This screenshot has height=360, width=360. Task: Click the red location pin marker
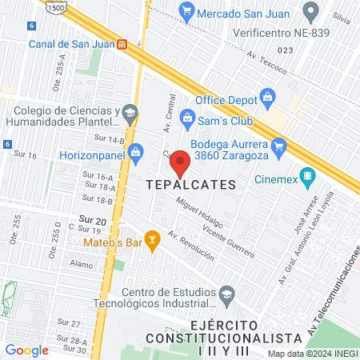[180, 162]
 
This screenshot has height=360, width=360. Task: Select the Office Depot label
[225, 99]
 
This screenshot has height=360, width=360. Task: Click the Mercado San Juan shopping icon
[186, 12]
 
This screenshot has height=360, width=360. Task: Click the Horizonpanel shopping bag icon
[136, 150]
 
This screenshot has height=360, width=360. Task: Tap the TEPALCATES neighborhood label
[192, 185]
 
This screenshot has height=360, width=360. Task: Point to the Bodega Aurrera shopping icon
[278, 146]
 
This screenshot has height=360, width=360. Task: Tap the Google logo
[26, 350]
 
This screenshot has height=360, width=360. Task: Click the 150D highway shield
[55, 6]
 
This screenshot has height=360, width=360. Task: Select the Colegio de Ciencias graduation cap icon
[128, 115]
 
